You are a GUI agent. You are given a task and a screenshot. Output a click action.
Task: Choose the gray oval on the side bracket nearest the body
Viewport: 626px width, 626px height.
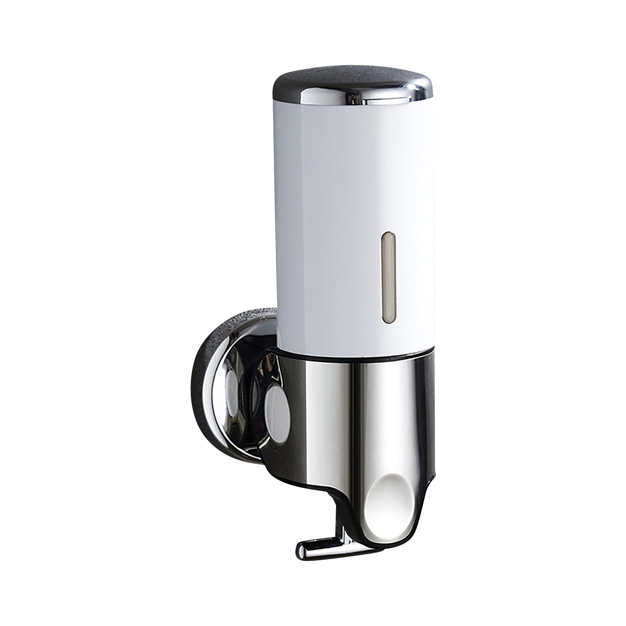point(270,403)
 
